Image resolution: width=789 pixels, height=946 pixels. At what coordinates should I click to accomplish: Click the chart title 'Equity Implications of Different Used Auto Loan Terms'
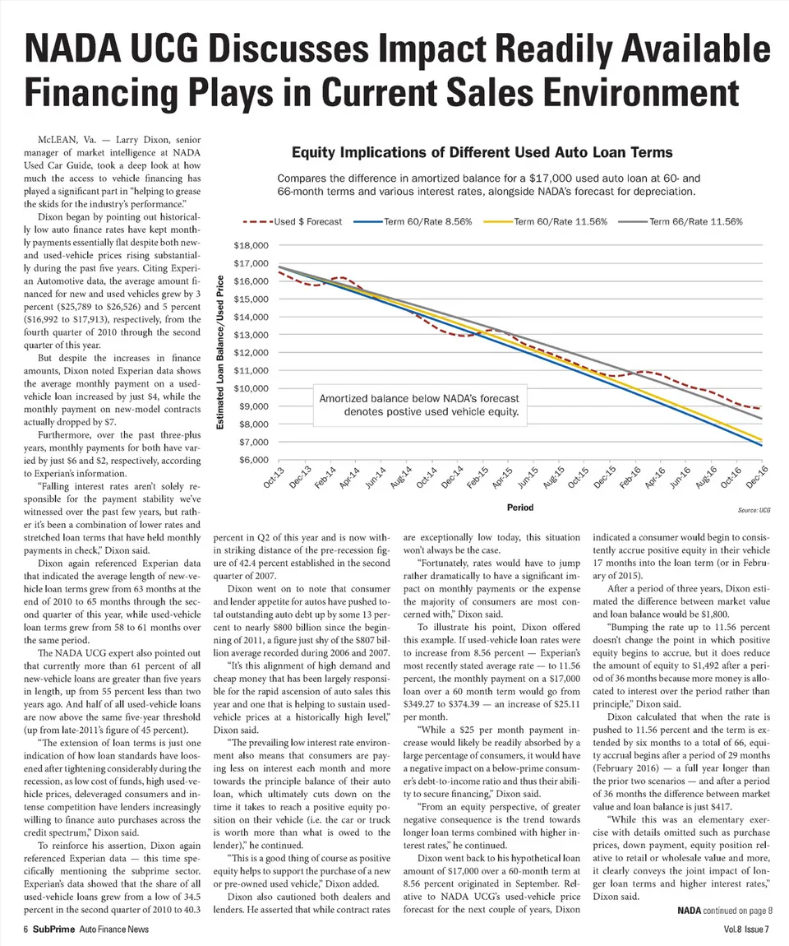[x=482, y=152]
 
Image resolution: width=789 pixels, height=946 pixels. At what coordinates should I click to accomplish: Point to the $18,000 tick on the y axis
[x=251, y=246]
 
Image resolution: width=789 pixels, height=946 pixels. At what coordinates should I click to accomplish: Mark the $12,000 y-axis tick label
[x=251, y=353]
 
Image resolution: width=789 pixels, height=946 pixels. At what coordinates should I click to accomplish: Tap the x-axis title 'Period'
[x=521, y=508]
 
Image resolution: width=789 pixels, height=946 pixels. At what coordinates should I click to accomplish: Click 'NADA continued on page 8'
[x=724, y=910]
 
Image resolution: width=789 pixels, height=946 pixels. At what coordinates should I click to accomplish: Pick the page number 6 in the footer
[x=26, y=930]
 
